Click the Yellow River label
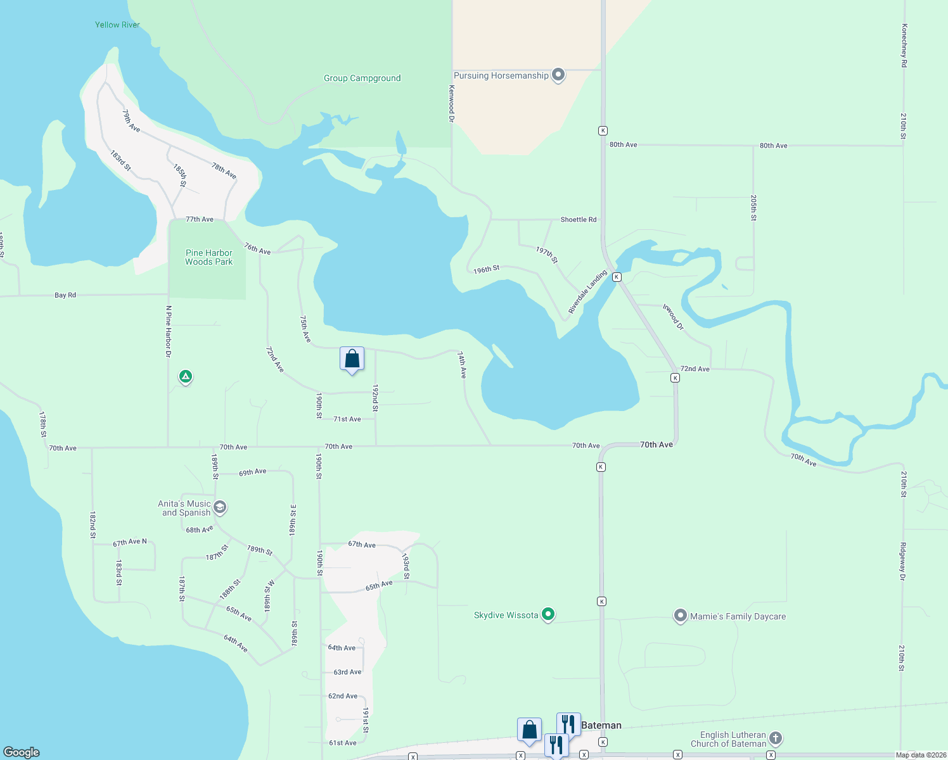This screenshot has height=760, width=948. click(x=117, y=25)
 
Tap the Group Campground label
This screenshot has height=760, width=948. click(x=362, y=79)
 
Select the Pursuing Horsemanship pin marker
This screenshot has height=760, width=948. click(x=558, y=75)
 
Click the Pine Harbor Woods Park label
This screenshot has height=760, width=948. click(x=208, y=257)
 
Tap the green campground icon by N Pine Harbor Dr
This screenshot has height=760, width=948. click(x=186, y=377)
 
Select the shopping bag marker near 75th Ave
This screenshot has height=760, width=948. click(x=352, y=359)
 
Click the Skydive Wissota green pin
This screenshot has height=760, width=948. click(x=549, y=614)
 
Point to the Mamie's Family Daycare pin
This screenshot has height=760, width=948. click(x=680, y=616)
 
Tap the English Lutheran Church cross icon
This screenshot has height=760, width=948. click(x=776, y=738)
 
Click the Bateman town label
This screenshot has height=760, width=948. click(x=601, y=725)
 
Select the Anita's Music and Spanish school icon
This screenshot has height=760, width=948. click(x=220, y=507)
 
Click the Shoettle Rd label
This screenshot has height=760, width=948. click(x=578, y=220)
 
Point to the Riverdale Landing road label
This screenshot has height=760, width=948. click(x=587, y=292)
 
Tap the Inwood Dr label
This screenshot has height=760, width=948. click(x=673, y=317)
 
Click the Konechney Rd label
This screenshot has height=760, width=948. click(x=904, y=46)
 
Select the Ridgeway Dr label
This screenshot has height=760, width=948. click(x=902, y=561)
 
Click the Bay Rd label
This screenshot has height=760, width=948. click(x=65, y=295)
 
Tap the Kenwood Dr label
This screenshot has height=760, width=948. click(x=452, y=103)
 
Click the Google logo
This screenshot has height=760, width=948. click(x=22, y=752)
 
